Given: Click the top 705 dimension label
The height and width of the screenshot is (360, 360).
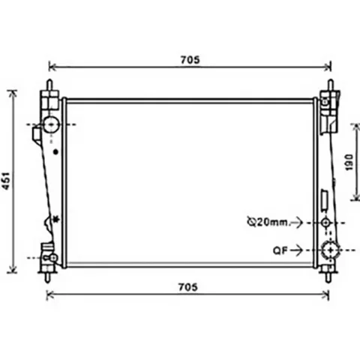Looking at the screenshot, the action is pyautogui.click(x=190, y=60).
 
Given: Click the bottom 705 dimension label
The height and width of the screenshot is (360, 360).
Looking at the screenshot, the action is pyautogui.click(x=187, y=287).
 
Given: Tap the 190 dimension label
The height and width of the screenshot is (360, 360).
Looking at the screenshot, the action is pyautogui.click(x=349, y=162).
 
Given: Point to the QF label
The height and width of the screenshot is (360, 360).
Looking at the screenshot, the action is pyautogui.click(x=280, y=250).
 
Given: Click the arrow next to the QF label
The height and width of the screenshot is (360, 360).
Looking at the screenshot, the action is pyautogui.click(x=297, y=250).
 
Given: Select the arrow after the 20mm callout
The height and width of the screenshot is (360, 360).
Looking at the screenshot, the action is pyautogui.click(x=297, y=222).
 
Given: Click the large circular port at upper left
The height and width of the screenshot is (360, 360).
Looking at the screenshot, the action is pyautogui.click(x=52, y=124).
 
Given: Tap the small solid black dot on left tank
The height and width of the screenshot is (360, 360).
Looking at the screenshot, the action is pyautogui.click(x=55, y=151).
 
